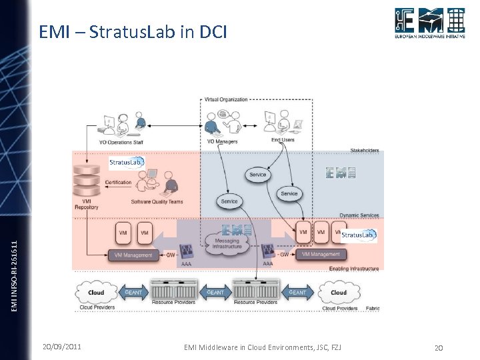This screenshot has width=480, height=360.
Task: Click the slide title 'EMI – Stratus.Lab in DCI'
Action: tap(133, 31)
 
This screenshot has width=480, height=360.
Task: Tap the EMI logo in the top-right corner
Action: tap(429, 24)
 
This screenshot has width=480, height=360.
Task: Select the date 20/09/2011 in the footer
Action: tap(62, 347)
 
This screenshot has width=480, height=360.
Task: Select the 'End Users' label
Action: tap(283, 141)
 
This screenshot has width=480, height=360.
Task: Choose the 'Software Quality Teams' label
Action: tap(157, 202)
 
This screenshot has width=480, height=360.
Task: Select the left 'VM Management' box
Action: tap(133, 255)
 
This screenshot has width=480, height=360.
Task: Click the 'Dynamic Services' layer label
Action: tap(359, 215)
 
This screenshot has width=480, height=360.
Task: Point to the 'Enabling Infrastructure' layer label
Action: tap(354, 269)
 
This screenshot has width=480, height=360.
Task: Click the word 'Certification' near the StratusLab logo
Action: tap(118, 182)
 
